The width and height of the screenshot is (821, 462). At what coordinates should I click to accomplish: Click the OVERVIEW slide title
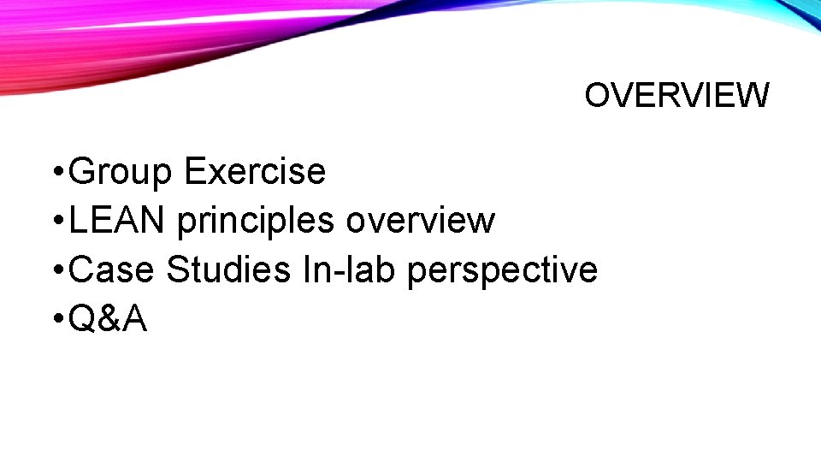(x=676, y=96)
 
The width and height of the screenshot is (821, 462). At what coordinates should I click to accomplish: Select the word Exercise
(x=255, y=171)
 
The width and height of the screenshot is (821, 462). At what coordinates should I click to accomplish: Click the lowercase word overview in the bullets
(x=420, y=221)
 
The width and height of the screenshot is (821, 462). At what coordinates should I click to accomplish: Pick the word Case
(x=111, y=270)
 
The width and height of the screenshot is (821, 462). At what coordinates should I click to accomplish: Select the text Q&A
(x=108, y=320)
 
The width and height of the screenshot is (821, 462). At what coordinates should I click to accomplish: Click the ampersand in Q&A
(x=109, y=320)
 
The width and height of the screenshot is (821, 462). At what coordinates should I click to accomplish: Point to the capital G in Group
(x=83, y=171)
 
